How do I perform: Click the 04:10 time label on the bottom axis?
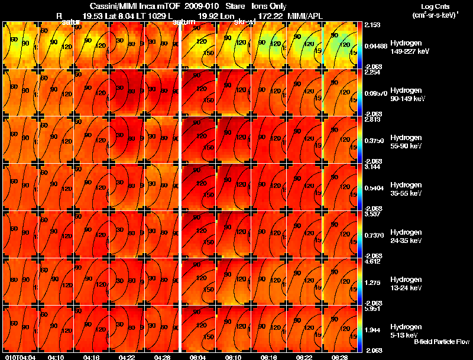pyautogui.click(x=56, y=357)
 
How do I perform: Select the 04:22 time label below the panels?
pyautogui.click(x=127, y=357)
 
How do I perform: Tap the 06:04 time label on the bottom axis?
pyautogui.click(x=197, y=357)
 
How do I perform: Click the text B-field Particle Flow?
pyautogui.click(x=441, y=342)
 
